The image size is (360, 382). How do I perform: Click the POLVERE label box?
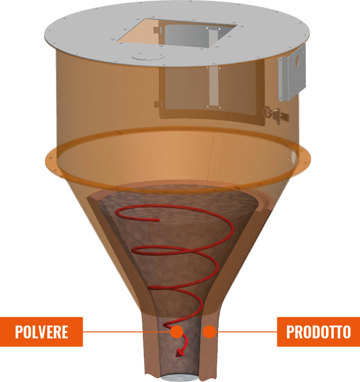point(41,331)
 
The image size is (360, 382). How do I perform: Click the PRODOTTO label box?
point(318,331)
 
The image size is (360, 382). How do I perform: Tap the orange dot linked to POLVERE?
point(176,331)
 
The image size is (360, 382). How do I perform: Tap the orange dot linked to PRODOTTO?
point(209,331)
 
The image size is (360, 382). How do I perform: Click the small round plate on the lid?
point(147,57)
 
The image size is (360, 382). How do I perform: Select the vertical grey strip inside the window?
point(214,87)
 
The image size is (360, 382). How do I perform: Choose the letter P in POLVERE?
point(19,331)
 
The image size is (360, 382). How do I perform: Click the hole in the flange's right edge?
point(294,159)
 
